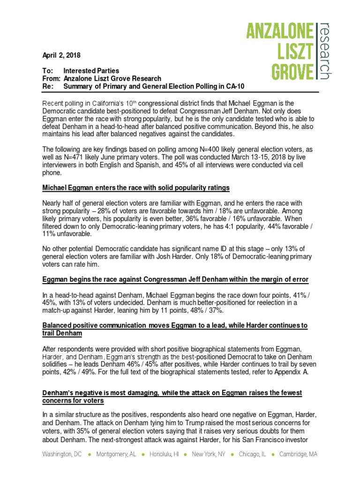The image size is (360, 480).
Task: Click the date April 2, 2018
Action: [x=61, y=55]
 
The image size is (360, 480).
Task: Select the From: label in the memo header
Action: [x=50, y=78]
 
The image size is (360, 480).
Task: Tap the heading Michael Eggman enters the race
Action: [x=136, y=187]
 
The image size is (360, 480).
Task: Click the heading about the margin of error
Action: [x=175, y=279]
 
